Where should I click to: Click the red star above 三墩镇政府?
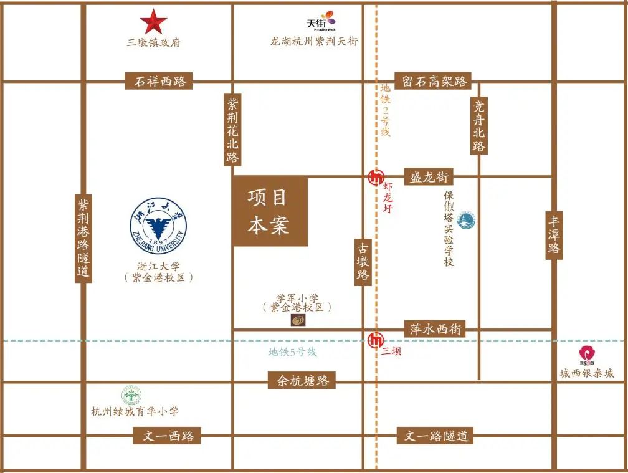153,22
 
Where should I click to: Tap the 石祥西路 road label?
160,81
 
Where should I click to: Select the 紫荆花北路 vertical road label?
232,130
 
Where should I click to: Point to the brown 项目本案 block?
270,211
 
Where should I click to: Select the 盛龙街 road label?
429,177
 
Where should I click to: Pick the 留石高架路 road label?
435,81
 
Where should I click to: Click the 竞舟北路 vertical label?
478,125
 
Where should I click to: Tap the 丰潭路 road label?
554,235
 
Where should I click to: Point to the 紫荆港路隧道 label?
83,238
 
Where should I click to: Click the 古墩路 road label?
363,262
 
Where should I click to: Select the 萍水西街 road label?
436,329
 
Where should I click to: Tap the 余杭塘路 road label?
302,380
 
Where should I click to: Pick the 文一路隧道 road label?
436,436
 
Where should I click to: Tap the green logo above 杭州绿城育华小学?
131,396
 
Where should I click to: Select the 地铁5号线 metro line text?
292,352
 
